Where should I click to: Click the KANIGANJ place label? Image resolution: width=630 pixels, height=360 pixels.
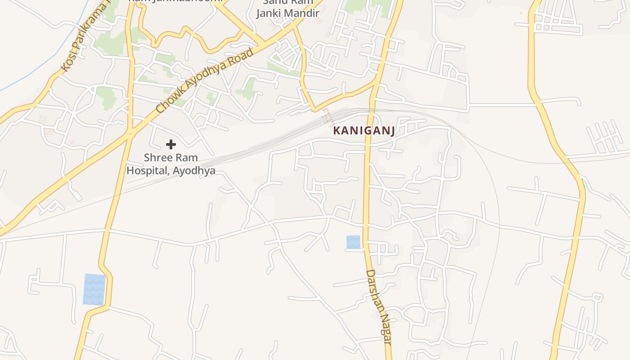pyautogui.click(x=364, y=131)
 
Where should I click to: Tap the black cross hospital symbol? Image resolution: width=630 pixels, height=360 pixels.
pyautogui.click(x=171, y=144)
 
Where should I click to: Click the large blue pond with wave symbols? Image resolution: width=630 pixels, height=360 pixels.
pyautogui.click(x=94, y=289)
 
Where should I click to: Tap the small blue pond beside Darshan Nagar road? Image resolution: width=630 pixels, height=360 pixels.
pyautogui.click(x=353, y=242)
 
